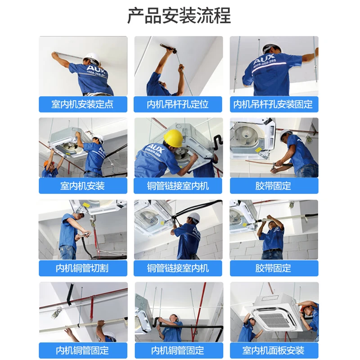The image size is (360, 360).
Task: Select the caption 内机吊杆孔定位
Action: pyautogui.click(x=178, y=104)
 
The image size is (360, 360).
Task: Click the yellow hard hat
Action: pyautogui.click(x=173, y=137)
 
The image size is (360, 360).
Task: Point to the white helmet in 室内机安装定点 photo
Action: pyautogui.click(x=92, y=58)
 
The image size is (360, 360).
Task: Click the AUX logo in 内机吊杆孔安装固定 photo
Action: pyautogui.click(x=264, y=60)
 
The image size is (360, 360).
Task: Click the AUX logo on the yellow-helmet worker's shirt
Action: pyautogui.click(x=155, y=148)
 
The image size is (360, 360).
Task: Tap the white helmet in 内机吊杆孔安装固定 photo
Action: pyautogui.click(x=269, y=47)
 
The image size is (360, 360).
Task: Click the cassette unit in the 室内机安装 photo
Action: pyautogui.click(x=67, y=139)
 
